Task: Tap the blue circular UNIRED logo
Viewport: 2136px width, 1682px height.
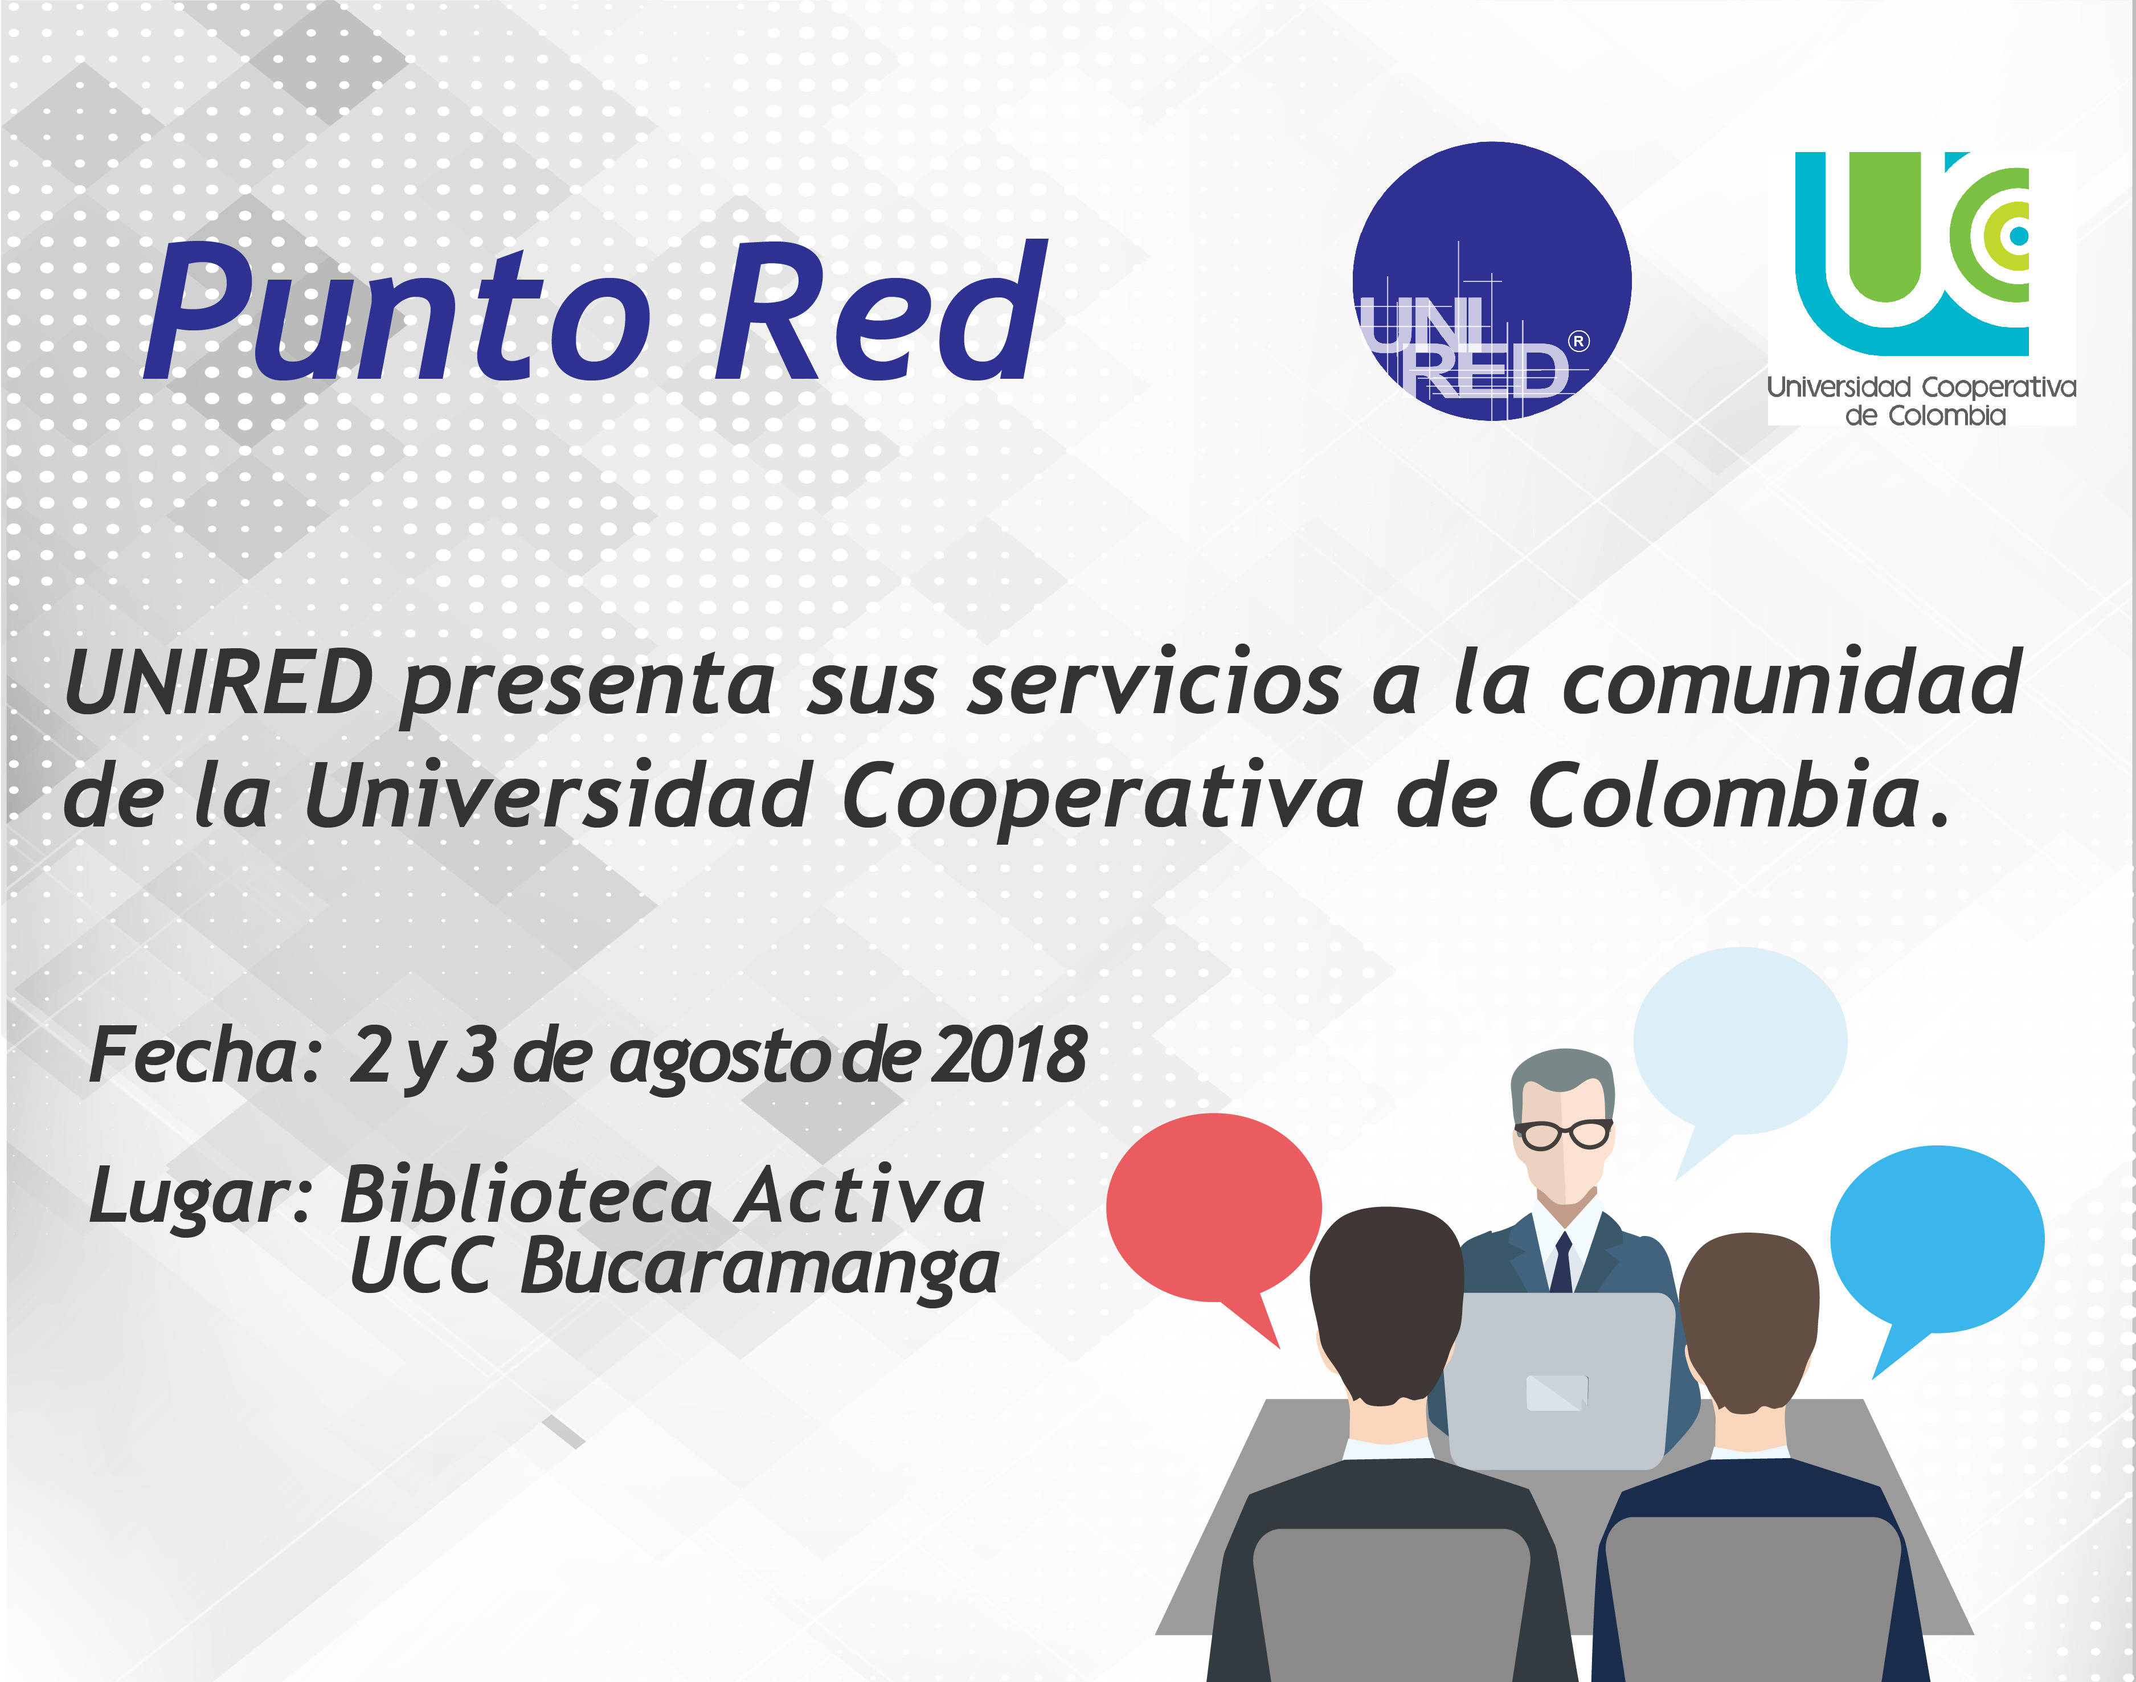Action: click(x=1491, y=281)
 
